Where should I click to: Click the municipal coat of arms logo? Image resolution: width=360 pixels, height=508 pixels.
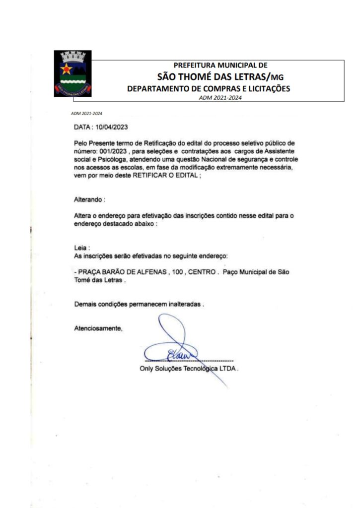pyautogui.click(x=72, y=73)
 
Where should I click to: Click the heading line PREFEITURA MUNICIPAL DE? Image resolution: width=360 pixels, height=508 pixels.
pyautogui.click(x=220, y=65)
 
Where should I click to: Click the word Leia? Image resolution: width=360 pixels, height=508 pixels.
pyautogui.click(x=80, y=247)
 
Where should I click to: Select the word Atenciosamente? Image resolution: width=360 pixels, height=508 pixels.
pyautogui.click(x=98, y=328)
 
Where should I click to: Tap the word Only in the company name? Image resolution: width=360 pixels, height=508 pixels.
pyautogui.click(x=147, y=369)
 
